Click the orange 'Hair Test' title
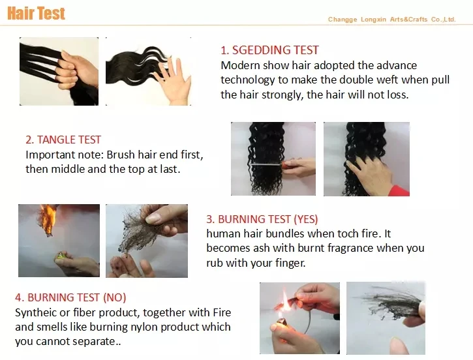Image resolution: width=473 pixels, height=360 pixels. click(x=36, y=14)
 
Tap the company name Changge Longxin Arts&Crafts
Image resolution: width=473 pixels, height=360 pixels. click(x=378, y=20)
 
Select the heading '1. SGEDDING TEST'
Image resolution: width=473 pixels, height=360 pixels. click(x=269, y=50)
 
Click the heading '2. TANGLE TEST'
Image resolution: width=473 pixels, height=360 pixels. click(x=63, y=140)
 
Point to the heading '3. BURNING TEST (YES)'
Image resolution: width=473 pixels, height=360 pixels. click(x=262, y=219)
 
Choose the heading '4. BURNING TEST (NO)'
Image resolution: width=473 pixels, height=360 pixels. click(x=70, y=297)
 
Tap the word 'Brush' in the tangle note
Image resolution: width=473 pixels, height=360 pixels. click(x=121, y=155)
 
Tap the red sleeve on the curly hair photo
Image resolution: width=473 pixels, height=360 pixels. click(x=400, y=190)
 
